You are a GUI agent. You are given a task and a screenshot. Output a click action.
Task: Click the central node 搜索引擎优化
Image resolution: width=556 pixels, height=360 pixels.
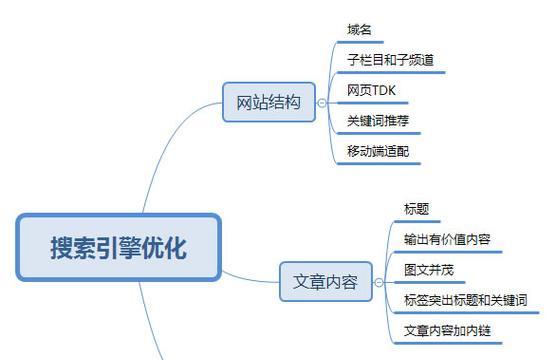coord(118,247)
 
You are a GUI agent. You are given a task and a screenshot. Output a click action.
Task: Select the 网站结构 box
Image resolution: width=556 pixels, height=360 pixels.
coord(268,102)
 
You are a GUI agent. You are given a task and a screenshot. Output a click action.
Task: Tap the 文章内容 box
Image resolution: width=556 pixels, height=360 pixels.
coord(325,281)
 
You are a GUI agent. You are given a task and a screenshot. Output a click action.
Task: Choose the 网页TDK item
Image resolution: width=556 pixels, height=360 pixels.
coord(372,90)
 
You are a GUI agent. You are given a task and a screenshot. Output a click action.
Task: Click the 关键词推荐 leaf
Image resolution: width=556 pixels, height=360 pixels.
coord(377,120)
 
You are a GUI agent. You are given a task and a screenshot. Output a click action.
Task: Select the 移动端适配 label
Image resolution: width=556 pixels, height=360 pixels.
coord(377,151)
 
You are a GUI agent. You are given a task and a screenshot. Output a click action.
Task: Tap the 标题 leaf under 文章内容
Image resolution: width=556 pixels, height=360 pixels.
coord(416,209)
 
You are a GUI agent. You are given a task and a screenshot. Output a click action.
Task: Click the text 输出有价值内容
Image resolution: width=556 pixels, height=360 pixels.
coord(446,239)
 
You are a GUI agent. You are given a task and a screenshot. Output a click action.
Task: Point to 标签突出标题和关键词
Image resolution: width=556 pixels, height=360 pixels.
coord(464,299)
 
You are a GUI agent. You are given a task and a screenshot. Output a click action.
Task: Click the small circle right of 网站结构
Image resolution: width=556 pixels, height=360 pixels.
coord(321,102)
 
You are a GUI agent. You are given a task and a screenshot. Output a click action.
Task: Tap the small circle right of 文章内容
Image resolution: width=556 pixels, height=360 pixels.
coord(377,281)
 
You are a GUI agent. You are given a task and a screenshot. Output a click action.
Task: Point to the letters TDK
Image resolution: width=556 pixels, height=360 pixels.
coord(383,90)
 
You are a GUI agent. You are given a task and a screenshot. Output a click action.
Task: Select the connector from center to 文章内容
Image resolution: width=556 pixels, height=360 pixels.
coord(250,276)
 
